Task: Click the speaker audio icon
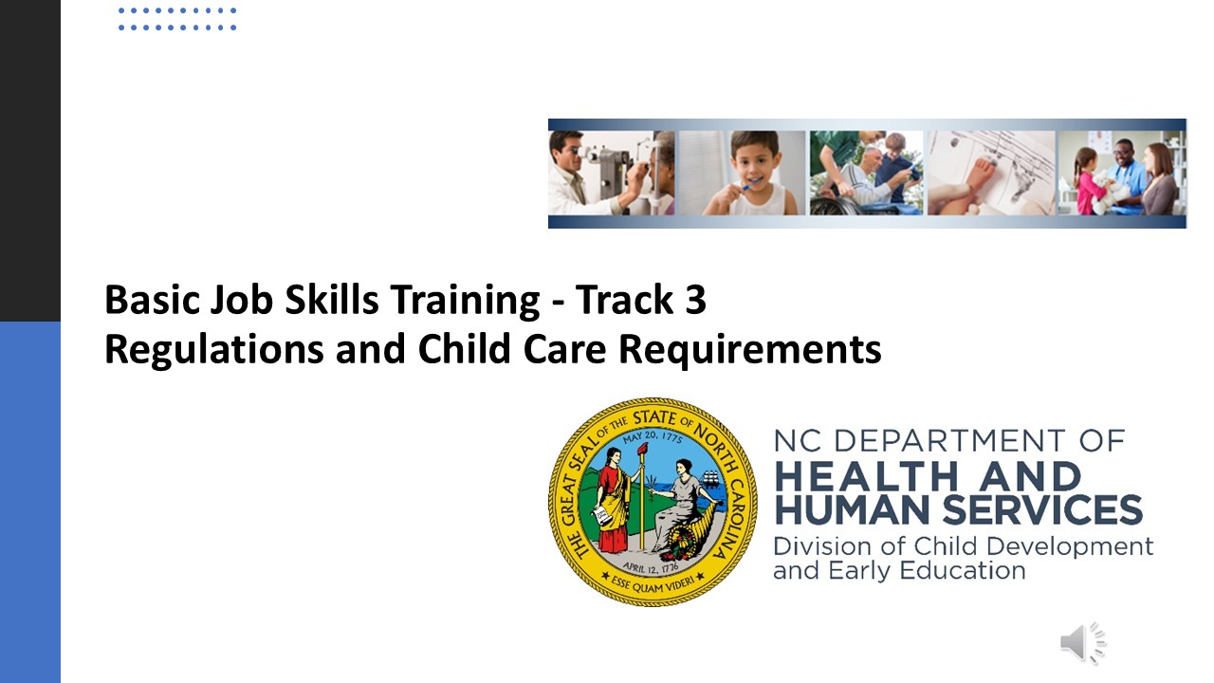[1083, 643]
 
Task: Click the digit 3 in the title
[695, 299]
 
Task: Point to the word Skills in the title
[332, 299]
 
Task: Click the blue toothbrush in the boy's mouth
[753, 184]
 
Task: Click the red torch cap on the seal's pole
[642, 450]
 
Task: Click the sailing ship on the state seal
[710, 479]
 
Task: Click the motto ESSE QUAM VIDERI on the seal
[653, 582]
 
